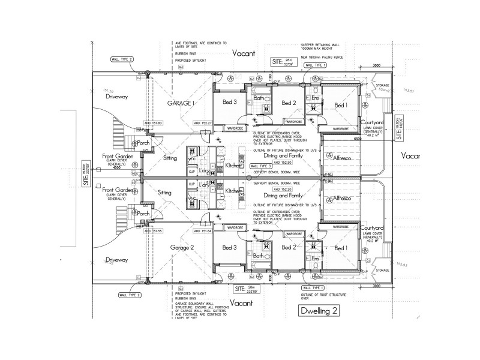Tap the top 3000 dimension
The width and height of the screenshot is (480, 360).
point(377,66)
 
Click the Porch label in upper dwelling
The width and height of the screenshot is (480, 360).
point(143,143)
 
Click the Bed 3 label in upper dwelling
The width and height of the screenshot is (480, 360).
point(230,102)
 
